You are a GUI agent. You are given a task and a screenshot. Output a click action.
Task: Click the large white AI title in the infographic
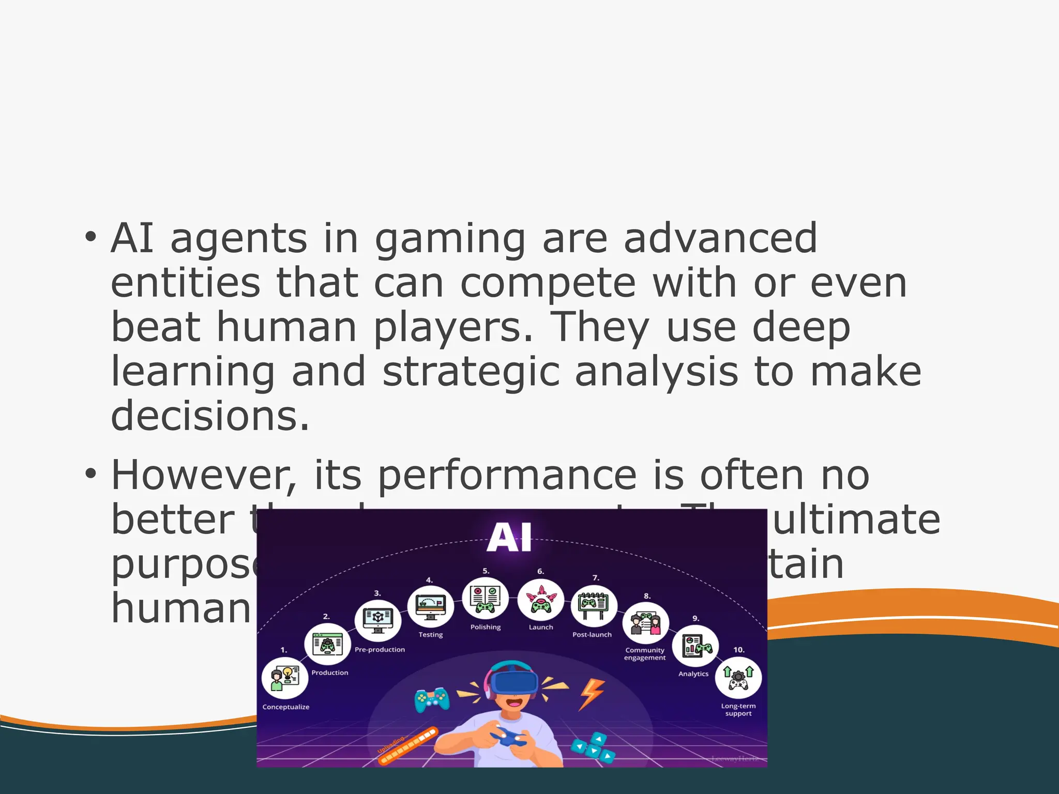pos(509,538)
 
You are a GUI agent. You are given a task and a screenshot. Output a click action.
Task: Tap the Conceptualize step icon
pos(285,678)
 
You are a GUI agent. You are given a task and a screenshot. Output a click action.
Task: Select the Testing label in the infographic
pos(431,635)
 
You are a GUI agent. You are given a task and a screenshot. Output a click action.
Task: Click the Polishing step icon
pos(485,600)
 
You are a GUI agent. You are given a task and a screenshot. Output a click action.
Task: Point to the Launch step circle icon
pos(540,600)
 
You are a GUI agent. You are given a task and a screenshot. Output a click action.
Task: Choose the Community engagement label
pos(645,654)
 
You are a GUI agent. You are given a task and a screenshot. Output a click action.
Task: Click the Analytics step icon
pos(695,646)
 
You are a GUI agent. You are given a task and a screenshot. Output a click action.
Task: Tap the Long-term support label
pos(738,710)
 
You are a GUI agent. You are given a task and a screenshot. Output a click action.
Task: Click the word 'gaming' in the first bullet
pos(450,239)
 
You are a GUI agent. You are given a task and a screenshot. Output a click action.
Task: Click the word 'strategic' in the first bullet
pos(471,372)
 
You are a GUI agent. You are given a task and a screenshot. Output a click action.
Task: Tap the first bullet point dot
pos(91,237)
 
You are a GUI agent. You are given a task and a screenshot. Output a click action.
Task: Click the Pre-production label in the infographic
pos(380,650)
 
